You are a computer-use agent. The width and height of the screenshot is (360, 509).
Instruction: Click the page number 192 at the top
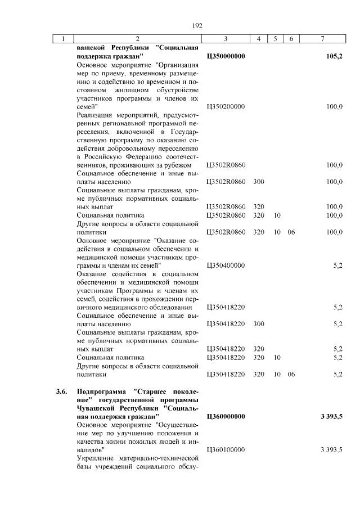tap(197, 26)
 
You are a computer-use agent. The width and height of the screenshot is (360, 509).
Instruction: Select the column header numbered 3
tap(225, 39)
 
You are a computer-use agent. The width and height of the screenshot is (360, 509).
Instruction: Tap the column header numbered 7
tap(322, 39)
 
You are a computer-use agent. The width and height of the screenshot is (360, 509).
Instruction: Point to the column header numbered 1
tap(64, 39)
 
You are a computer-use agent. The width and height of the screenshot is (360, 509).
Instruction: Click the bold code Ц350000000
tap(225, 57)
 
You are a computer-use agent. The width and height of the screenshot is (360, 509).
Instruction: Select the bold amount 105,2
tap(334, 57)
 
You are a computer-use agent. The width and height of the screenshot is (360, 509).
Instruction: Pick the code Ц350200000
tap(225, 106)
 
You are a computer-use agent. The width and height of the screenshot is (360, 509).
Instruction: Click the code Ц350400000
tap(225, 265)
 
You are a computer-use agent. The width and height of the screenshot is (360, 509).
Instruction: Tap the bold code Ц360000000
tap(225, 417)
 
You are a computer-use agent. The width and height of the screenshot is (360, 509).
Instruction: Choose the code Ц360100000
tap(225, 449)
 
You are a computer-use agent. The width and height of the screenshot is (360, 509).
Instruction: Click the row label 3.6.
tap(61, 391)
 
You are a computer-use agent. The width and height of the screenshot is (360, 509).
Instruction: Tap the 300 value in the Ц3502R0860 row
tap(259, 182)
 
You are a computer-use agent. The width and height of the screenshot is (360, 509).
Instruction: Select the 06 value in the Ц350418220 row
tap(291, 374)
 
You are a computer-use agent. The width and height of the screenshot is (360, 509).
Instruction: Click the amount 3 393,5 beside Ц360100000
tap(331, 449)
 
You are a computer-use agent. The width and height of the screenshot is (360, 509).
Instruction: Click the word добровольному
tap(122, 140)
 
